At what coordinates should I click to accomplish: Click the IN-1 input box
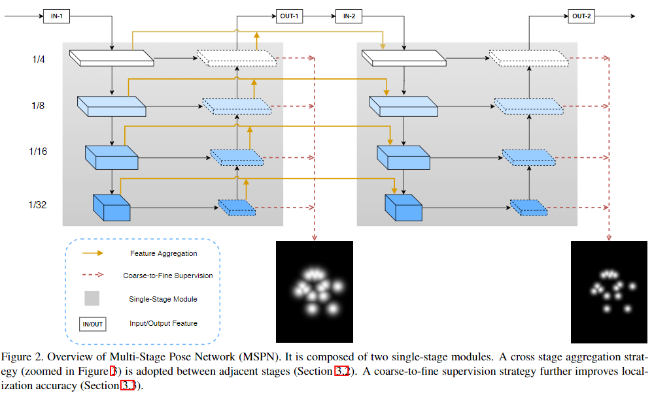[x=57, y=17]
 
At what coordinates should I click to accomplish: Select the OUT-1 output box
[x=288, y=17]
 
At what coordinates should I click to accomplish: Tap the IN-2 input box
[x=349, y=17]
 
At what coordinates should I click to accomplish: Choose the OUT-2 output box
[x=582, y=17]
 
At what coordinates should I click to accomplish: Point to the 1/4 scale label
[x=39, y=59]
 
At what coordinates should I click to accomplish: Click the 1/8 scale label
[x=39, y=105]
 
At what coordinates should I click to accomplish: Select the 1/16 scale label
[x=39, y=151]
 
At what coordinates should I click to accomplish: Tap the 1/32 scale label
[x=39, y=204]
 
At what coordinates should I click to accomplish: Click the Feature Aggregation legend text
[x=163, y=253]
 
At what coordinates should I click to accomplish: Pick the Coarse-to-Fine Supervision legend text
[x=168, y=276]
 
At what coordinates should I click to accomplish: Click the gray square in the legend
[x=92, y=298]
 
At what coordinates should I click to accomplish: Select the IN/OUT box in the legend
[x=92, y=323]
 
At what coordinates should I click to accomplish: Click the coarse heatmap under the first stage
[x=315, y=291]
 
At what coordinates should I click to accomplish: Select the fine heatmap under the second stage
[x=609, y=291]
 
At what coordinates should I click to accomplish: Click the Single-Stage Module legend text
[x=163, y=299]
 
